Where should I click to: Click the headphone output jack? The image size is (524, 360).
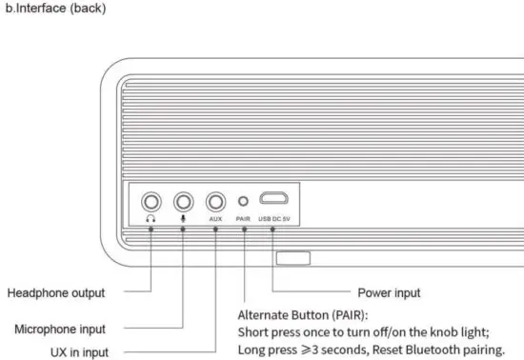151,201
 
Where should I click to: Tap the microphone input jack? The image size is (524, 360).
183,201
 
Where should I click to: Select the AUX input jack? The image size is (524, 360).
215,201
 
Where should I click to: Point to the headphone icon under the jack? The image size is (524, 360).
151,218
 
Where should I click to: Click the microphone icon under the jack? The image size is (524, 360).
183,218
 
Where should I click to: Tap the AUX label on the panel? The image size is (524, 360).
215,218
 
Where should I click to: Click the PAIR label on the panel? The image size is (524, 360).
243,218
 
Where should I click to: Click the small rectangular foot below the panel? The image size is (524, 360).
292,258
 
